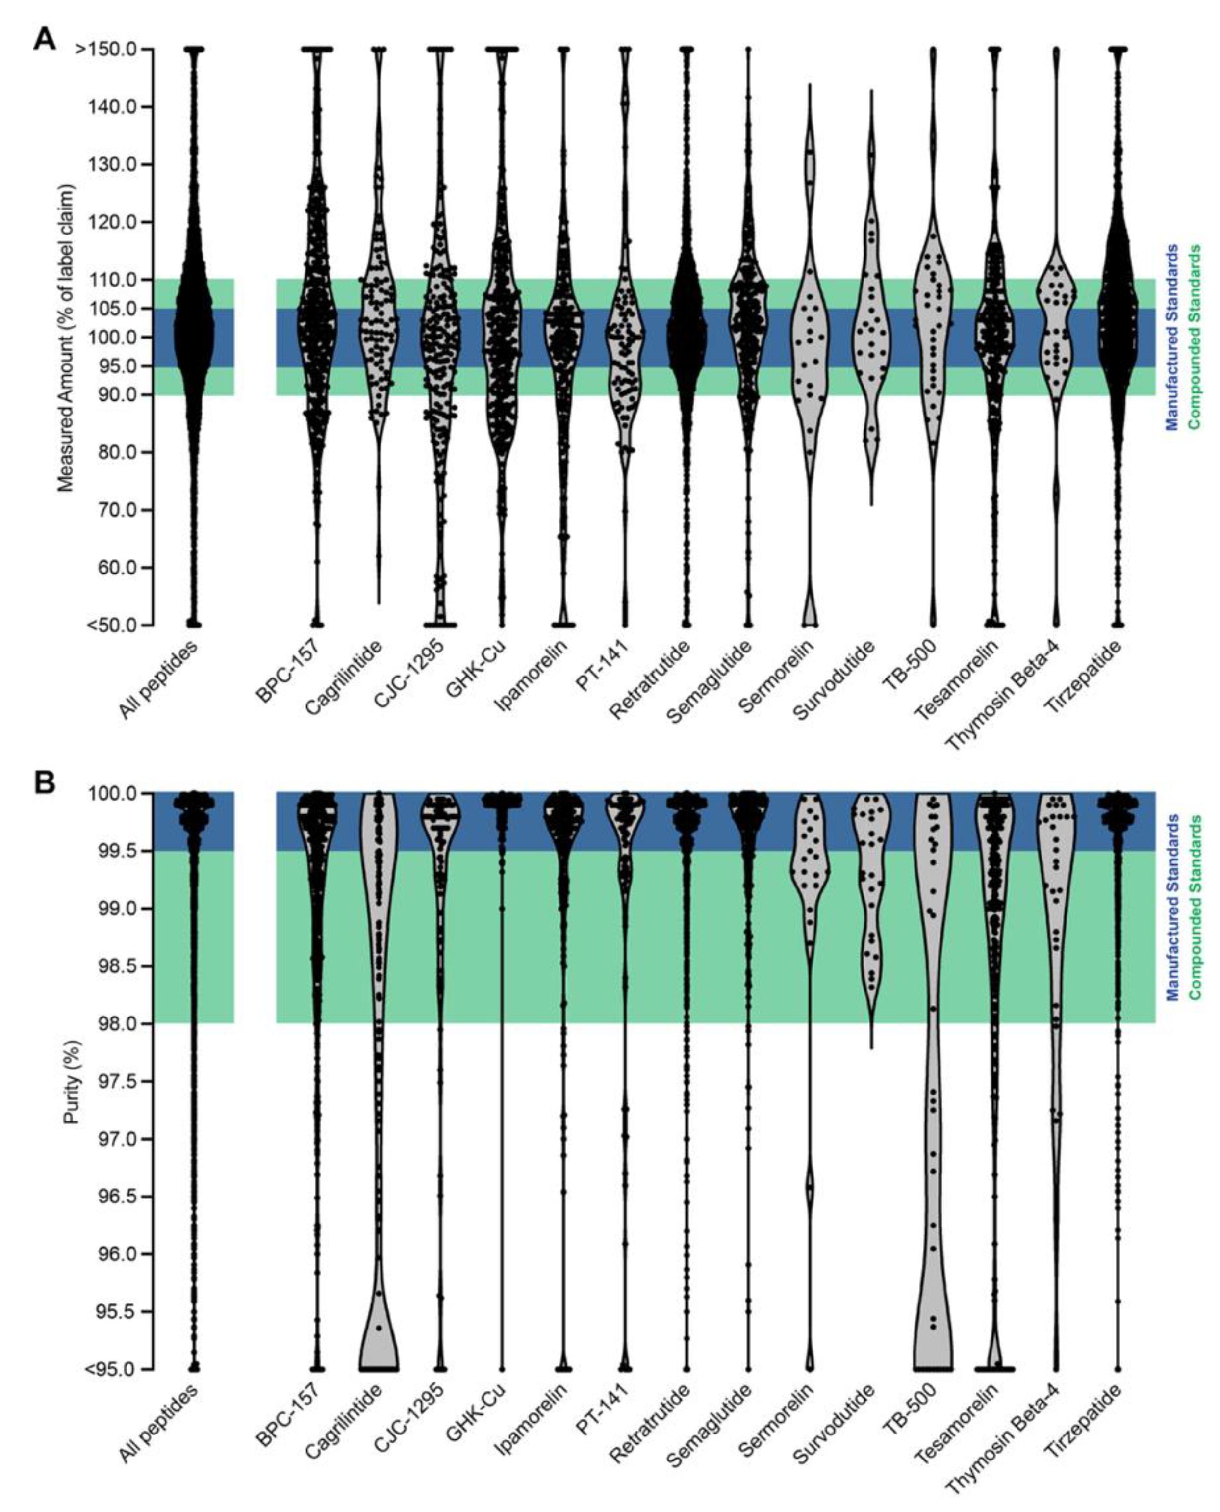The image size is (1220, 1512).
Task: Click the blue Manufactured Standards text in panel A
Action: [x=1171, y=338]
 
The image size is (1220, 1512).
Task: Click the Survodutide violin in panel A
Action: [x=871, y=338]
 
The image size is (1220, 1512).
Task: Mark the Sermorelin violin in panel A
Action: [x=810, y=338]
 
